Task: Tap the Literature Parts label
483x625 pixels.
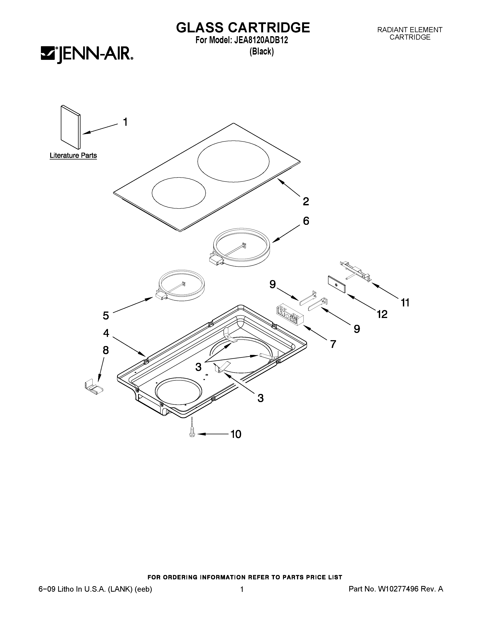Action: (x=73, y=155)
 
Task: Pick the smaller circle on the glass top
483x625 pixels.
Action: (x=179, y=193)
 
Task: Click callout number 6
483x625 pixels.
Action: (x=306, y=221)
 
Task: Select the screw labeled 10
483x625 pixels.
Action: (x=192, y=434)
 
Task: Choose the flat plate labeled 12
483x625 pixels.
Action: (x=337, y=284)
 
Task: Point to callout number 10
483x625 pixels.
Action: (x=236, y=434)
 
